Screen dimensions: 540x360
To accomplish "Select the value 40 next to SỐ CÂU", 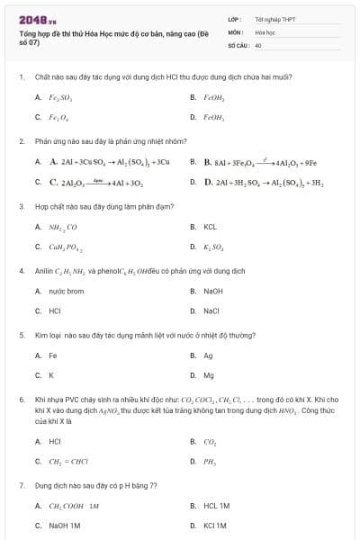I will pos(258,44).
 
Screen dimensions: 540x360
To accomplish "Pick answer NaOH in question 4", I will pos(212,291).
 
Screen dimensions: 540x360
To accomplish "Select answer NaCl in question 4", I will pos(211,310).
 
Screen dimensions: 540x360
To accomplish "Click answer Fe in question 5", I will pos(53,355).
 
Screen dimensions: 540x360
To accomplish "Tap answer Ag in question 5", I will pos(208,355).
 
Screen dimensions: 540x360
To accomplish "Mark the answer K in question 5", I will pos(51,374).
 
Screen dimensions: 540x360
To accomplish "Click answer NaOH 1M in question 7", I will pos(64,525).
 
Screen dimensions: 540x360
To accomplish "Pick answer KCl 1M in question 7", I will pos(214,525).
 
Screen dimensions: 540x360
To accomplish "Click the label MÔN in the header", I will pos(234,31).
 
